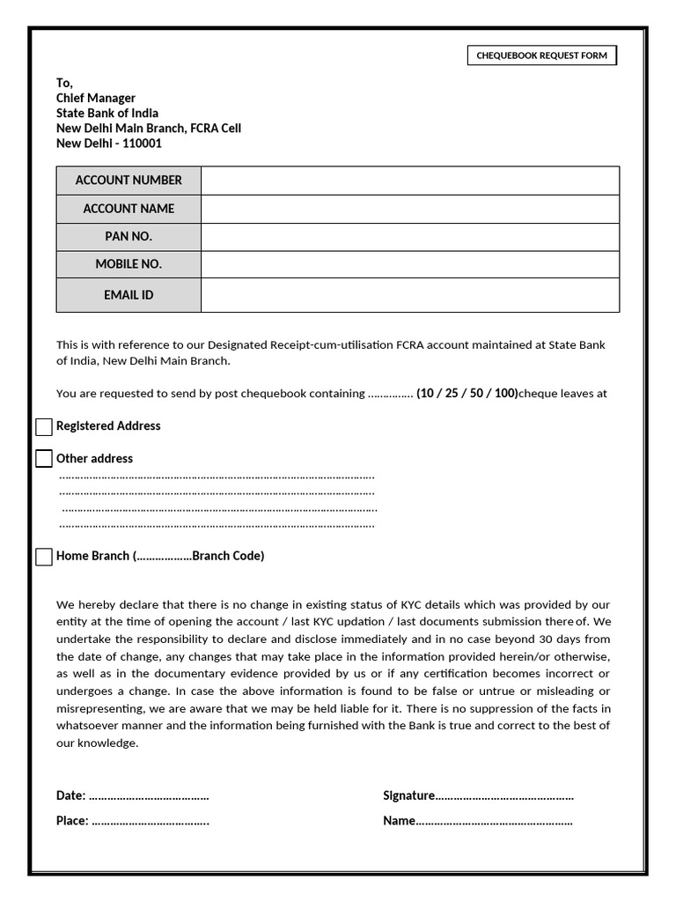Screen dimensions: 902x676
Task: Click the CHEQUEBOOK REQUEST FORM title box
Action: pos(541,56)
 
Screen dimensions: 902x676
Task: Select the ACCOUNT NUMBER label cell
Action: pos(129,180)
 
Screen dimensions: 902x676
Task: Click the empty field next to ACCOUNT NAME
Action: pos(409,209)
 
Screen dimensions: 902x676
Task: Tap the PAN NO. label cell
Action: pos(129,236)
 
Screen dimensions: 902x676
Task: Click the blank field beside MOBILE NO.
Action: pos(409,264)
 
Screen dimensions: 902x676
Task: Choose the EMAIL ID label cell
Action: pos(129,295)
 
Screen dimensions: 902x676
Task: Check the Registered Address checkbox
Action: pos(44,427)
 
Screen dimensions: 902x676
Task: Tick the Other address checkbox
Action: pos(44,459)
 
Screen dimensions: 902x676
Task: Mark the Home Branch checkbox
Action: pos(44,557)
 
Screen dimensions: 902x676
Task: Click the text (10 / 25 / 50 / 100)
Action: pos(467,394)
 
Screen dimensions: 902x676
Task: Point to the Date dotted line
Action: pos(149,796)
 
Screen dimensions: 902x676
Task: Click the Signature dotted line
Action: pos(504,796)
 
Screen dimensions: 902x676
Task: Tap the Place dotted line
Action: pos(150,822)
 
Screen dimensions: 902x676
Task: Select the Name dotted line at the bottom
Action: pos(494,822)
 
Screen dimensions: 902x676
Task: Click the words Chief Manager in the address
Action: pos(96,98)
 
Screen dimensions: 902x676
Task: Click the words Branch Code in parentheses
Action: pos(225,556)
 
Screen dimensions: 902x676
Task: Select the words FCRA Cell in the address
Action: pos(216,128)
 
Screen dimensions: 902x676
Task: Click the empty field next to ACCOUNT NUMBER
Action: pos(409,180)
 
